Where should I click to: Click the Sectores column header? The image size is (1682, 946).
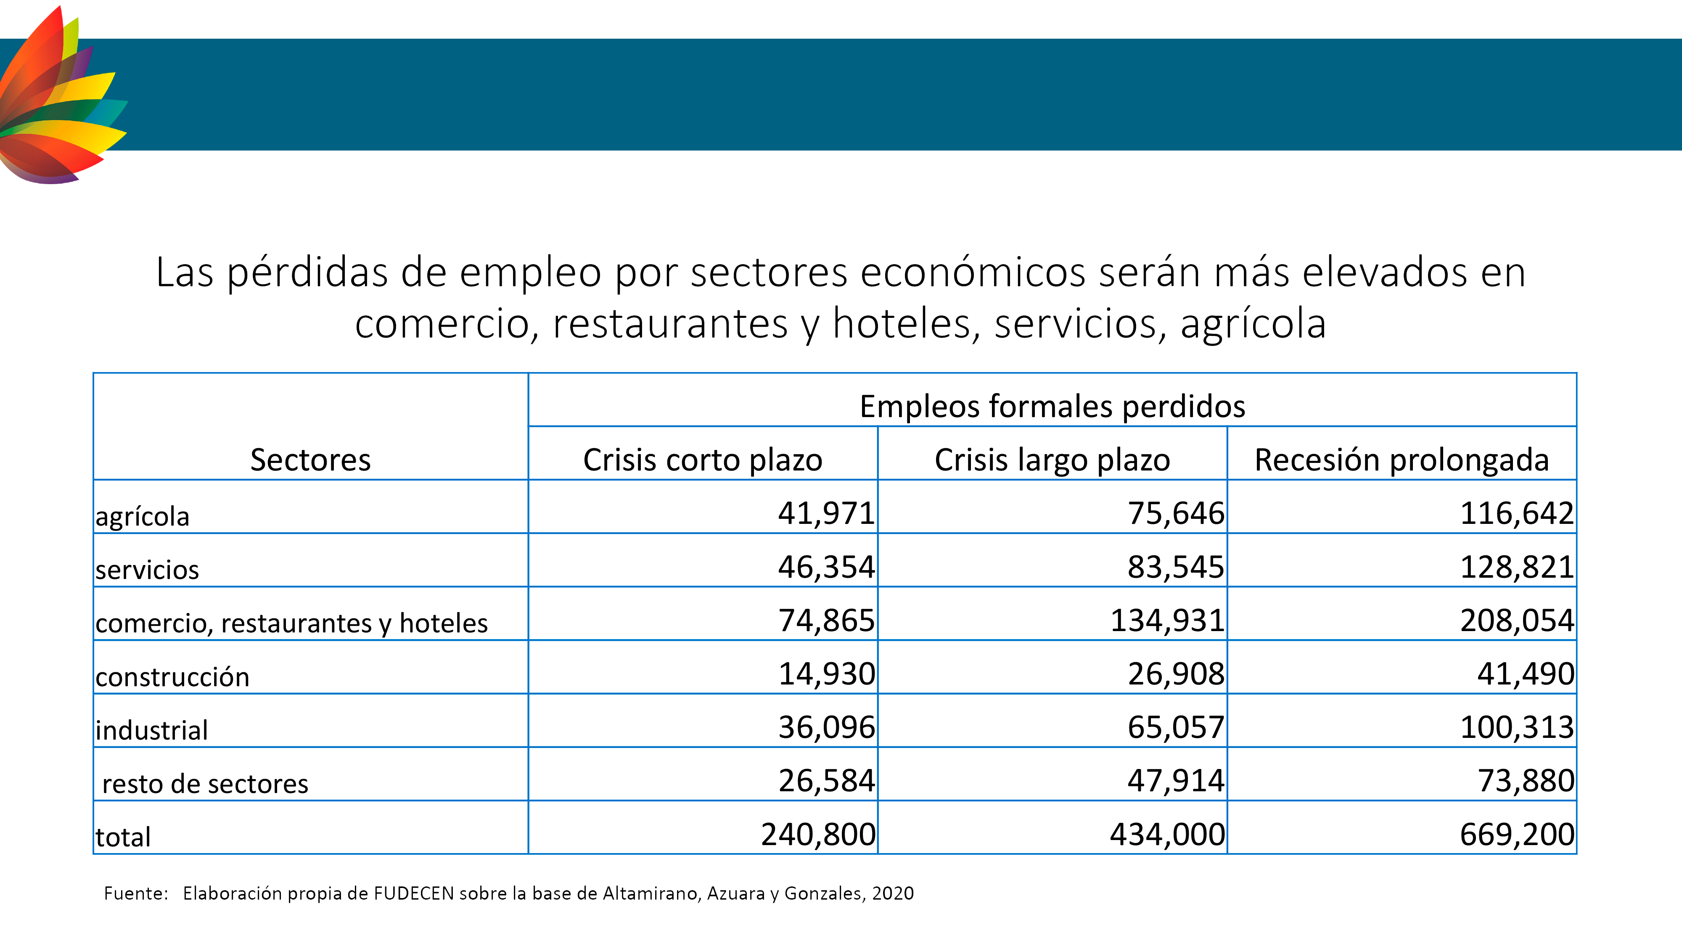point(310,460)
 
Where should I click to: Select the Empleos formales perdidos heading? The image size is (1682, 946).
point(1052,407)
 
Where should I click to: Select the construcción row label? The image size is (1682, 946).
point(172,677)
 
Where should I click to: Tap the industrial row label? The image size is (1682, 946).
point(151,730)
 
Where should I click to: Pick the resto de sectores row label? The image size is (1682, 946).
point(205,783)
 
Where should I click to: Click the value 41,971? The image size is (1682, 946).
point(826,513)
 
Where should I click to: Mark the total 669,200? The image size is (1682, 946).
point(1517,834)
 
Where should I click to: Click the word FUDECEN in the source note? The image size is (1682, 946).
point(413,893)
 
